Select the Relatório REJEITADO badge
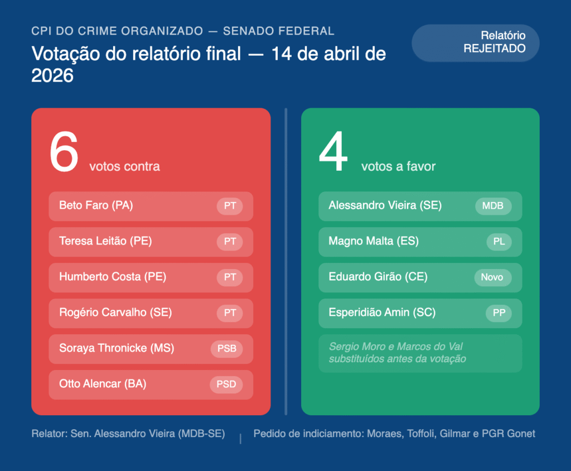point(476,42)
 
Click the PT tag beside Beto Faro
point(230,206)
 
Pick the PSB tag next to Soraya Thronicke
point(226,349)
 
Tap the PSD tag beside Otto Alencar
point(226,384)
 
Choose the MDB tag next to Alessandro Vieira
point(493,206)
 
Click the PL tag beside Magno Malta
point(499,242)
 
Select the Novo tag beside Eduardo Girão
point(492,277)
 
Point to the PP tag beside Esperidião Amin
point(499,313)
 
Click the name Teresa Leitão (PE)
point(105,241)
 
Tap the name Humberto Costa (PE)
point(113,277)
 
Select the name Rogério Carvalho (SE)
point(115,313)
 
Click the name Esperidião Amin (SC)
point(382,313)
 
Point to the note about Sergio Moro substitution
point(398,353)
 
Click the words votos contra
point(124,166)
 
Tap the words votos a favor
point(398,166)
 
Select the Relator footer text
point(128,434)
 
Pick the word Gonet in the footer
point(520,434)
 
